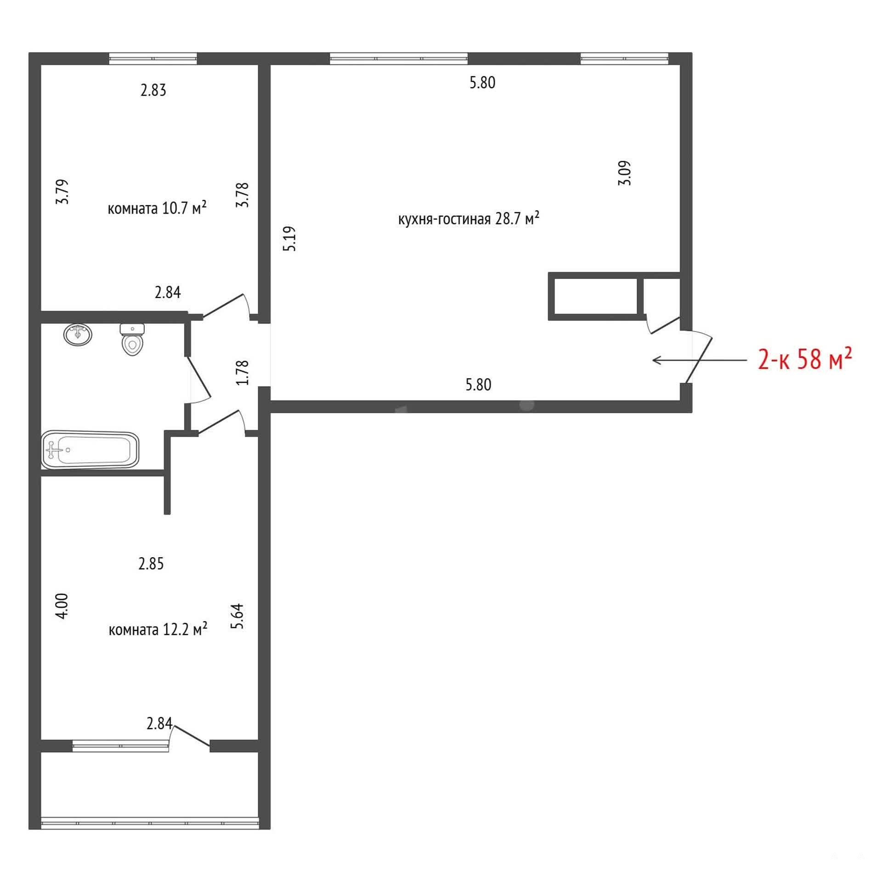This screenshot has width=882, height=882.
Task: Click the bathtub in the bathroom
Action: click(x=90, y=450)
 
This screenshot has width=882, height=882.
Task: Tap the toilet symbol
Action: click(x=132, y=339)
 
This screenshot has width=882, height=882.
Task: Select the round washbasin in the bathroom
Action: click(x=78, y=334)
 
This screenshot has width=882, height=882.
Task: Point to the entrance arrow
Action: click(x=700, y=360)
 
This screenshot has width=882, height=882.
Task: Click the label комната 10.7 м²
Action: click(x=157, y=208)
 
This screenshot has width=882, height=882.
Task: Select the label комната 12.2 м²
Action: click(x=158, y=629)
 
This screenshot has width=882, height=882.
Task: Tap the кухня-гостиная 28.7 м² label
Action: click(x=469, y=219)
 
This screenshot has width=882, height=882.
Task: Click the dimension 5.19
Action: click(x=290, y=238)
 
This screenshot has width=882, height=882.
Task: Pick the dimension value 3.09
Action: click(x=625, y=173)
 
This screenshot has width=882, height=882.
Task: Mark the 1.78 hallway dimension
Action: click(x=242, y=372)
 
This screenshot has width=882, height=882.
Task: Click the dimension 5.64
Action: click(x=237, y=616)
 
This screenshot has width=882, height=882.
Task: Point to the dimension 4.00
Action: click(x=62, y=606)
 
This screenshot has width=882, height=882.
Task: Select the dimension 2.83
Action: click(x=153, y=90)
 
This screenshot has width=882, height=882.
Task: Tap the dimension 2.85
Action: click(x=151, y=564)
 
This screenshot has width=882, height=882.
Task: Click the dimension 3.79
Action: click(x=62, y=192)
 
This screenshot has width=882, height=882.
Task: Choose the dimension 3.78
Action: click(x=242, y=195)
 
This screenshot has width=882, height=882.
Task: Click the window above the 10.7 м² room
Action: click(x=153, y=58)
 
